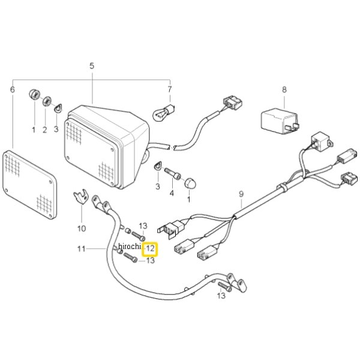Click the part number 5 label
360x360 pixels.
[92, 66]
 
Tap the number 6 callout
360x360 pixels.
[13, 89]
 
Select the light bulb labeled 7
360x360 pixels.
[163, 112]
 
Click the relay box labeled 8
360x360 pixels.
[280, 121]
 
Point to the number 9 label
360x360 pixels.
[241, 194]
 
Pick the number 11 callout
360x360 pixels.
[81, 249]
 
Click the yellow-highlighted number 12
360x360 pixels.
[150, 249]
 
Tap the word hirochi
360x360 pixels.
[130, 247]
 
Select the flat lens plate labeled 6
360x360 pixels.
[29, 184]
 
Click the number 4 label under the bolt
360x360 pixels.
[172, 193]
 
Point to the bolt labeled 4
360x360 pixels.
[173, 174]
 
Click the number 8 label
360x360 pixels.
[284, 89]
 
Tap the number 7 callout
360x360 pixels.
[170, 89]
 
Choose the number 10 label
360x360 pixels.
[82, 229]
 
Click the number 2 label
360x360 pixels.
[45, 130]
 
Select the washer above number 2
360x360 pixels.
[47, 101]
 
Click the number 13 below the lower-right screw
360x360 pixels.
[221, 296]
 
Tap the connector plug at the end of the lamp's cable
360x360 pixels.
[233, 103]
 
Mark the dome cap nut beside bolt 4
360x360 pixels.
[190, 183]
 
